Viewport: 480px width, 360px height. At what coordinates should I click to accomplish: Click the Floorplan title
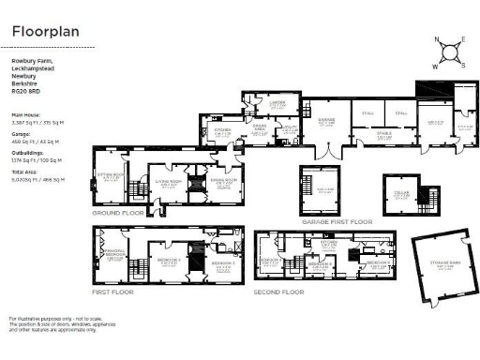tap(46, 30)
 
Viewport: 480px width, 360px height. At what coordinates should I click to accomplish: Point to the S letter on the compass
tap(461, 65)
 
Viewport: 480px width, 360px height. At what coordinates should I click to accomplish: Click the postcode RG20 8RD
tap(25, 93)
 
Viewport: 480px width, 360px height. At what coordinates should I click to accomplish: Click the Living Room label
tap(168, 183)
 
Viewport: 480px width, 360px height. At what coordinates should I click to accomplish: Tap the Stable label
tap(384, 133)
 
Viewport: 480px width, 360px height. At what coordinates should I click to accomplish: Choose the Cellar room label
tap(400, 193)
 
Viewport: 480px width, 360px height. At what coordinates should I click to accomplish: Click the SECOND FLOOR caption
tap(278, 292)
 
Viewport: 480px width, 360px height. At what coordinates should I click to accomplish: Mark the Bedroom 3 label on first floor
tap(221, 264)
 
